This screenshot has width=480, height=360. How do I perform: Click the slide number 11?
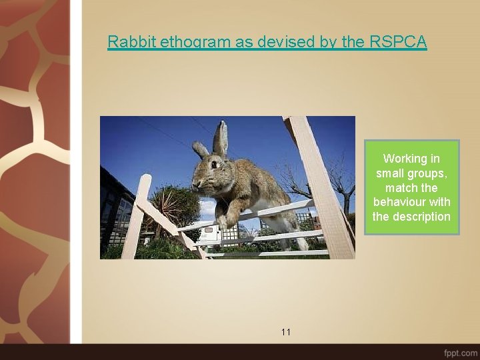[286, 331]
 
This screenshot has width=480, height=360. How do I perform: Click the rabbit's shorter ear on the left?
[200, 149]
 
